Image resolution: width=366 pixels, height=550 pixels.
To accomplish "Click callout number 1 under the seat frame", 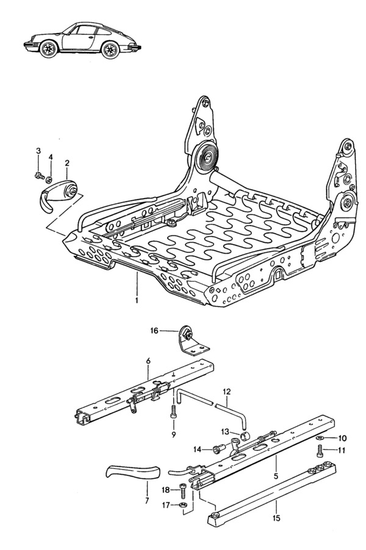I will (137, 300).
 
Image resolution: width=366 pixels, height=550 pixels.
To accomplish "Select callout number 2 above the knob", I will (67, 163).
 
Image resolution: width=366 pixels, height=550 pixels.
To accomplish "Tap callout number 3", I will (38, 151).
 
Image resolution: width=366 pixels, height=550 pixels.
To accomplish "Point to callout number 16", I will (154, 331).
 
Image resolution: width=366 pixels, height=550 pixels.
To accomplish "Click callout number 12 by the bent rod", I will (227, 391).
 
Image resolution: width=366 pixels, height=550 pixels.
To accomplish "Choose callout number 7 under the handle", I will (146, 500).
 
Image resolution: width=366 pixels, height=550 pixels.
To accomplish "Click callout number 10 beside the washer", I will (343, 438).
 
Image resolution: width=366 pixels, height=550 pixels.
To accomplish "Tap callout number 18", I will (166, 490).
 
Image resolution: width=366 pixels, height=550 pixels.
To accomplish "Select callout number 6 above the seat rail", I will (148, 361).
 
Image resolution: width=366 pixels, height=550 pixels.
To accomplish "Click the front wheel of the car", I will (48, 51).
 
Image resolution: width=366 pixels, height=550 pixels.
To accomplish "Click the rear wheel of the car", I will (112, 50).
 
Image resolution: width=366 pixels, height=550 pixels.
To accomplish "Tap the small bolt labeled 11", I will (320, 453).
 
